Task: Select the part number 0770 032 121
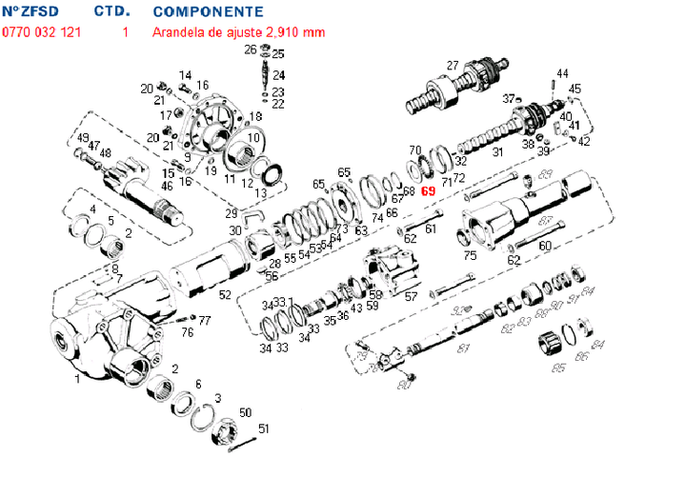pyautogui.click(x=41, y=31)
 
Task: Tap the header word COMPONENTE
pyautogui.click(x=208, y=11)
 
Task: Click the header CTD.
pyautogui.click(x=112, y=11)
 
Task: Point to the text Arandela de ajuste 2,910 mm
pyautogui.click(x=238, y=31)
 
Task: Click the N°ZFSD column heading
pyautogui.click(x=38, y=11)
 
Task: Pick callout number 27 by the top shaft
pyautogui.click(x=453, y=65)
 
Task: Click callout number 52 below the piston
pyautogui.click(x=224, y=295)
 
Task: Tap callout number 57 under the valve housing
pyautogui.click(x=411, y=296)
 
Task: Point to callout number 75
pyautogui.click(x=470, y=255)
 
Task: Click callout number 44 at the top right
pyautogui.click(x=562, y=73)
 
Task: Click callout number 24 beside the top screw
pyautogui.click(x=278, y=75)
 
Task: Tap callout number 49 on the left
pyautogui.click(x=83, y=139)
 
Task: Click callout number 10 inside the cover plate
pyautogui.click(x=253, y=137)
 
